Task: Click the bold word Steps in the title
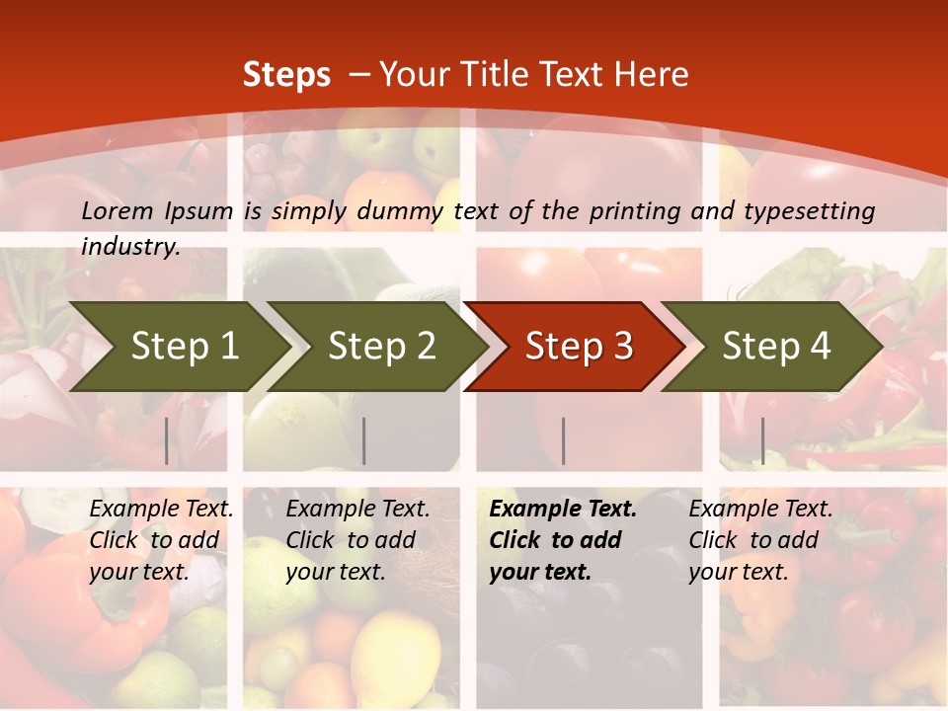286,75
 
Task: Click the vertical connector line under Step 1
167,440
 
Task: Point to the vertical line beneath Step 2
364,440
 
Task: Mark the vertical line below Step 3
563,440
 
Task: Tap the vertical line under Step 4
762,440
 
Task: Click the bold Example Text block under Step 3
563,540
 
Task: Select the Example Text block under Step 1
161,540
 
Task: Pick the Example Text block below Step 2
357,540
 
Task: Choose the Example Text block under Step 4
760,540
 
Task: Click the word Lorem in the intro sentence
118,210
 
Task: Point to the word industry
130,247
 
